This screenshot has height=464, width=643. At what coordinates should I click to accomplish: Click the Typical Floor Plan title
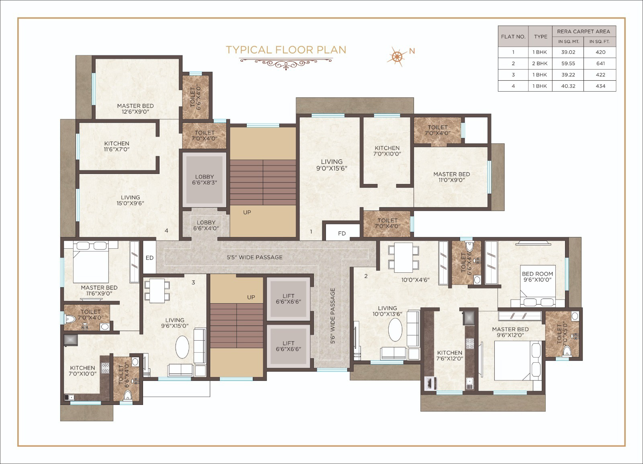click(x=286, y=50)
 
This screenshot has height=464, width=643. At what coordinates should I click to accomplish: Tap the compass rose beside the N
click(x=397, y=56)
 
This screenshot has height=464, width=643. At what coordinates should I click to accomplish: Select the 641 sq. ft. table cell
click(x=600, y=63)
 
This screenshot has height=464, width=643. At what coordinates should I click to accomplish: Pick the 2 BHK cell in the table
click(x=540, y=63)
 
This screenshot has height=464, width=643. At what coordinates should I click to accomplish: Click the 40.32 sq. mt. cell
click(x=568, y=86)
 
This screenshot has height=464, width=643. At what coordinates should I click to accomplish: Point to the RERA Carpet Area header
click(x=584, y=31)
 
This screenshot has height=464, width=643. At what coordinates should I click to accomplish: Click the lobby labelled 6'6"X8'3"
click(x=204, y=180)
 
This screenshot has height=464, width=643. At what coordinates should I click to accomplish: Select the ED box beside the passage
click(x=149, y=258)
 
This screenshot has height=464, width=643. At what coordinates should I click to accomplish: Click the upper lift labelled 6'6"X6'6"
click(x=289, y=299)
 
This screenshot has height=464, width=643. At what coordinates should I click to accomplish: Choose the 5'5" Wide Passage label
click(x=255, y=258)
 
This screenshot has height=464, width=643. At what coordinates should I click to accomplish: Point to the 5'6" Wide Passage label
click(x=333, y=316)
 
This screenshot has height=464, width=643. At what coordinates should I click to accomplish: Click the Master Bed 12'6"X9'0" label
click(x=135, y=109)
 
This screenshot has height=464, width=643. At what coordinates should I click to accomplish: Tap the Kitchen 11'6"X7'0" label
click(x=117, y=146)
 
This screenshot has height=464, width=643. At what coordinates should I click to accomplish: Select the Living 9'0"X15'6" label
click(x=332, y=165)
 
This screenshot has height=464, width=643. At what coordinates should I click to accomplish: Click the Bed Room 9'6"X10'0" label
click(x=537, y=277)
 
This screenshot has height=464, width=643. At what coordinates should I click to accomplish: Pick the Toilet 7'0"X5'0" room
click(x=562, y=334)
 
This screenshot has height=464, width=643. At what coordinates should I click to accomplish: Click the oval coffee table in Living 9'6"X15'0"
click(x=182, y=347)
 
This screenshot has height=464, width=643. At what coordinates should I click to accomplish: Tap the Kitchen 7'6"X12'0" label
click(x=450, y=356)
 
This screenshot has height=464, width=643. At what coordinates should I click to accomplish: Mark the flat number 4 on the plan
click(x=166, y=231)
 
